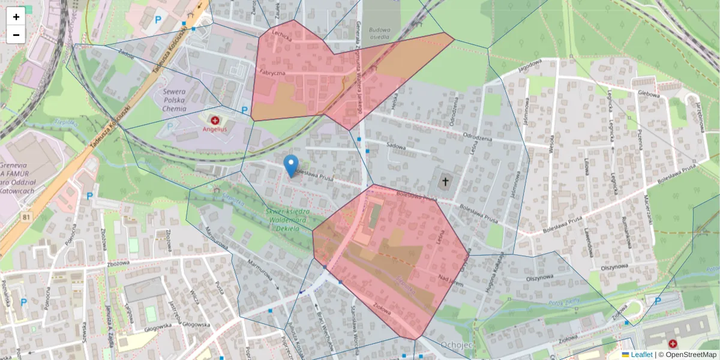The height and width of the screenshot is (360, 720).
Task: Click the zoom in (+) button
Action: (x=16, y=17)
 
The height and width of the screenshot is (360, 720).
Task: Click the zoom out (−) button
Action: (x=16, y=35)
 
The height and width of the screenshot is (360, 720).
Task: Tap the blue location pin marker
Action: (x=291, y=166)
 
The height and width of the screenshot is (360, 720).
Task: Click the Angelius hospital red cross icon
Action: (x=215, y=121)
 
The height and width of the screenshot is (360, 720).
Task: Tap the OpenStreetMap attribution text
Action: (x=688, y=355)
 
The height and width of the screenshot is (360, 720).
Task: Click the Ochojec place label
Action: (x=457, y=345)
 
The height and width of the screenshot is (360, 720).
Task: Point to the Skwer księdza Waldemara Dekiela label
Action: (x=287, y=219)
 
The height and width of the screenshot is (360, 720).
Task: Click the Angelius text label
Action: (x=215, y=129)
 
